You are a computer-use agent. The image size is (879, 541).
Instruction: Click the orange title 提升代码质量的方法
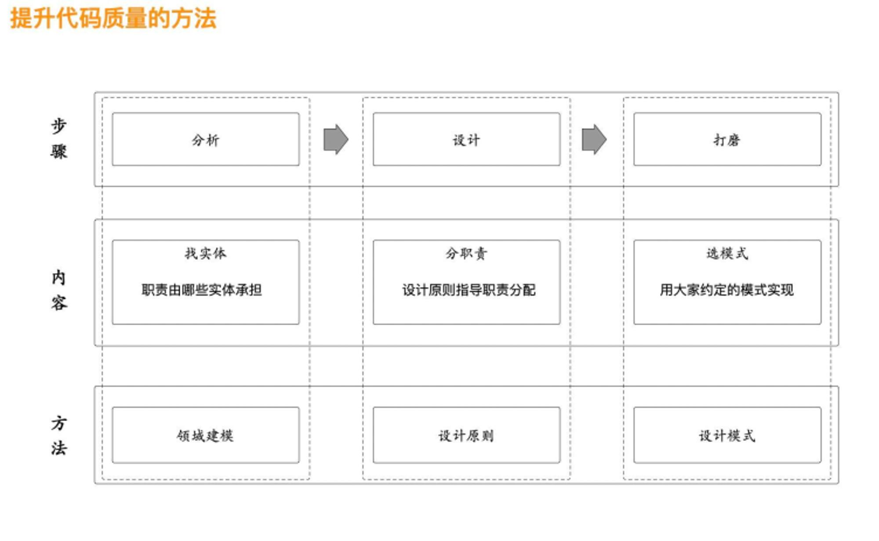pyautogui.click(x=113, y=19)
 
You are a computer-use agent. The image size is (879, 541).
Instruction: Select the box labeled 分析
pyautogui.click(x=206, y=139)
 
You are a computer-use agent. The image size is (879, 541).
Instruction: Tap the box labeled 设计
pyautogui.click(x=466, y=139)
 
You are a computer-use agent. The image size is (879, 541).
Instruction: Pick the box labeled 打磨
pyautogui.click(x=727, y=139)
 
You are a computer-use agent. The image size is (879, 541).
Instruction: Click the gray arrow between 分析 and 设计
pyautogui.click(x=336, y=139)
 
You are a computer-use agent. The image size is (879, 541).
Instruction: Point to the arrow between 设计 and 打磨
pyautogui.click(x=594, y=139)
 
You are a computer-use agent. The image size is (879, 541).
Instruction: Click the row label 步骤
pyautogui.click(x=58, y=138)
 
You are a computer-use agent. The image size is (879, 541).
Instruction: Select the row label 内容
pyautogui.click(x=58, y=290)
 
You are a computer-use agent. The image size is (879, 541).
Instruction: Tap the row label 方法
pyautogui.click(x=58, y=436)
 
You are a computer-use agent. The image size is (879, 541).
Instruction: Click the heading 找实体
pyautogui.click(x=206, y=254)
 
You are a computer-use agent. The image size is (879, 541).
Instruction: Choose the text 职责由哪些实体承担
pyautogui.click(x=202, y=290)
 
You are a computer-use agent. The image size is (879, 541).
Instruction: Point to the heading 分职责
pyautogui.click(x=466, y=254)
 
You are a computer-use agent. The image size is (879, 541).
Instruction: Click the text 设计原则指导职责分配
pyautogui.click(x=469, y=290)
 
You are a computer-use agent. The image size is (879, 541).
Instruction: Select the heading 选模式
pyautogui.click(x=727, y=254)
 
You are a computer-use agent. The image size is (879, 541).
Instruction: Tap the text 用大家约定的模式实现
pyautogui.click(x=727, y=290)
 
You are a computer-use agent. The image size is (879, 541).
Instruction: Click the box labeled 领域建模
pyautogui.click(x=206, y=435)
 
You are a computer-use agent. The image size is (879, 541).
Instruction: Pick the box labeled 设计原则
pyautogui.click(x=466, y=435)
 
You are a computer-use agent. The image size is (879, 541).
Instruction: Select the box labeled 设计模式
pyautogui.click(x=727, y=435)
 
